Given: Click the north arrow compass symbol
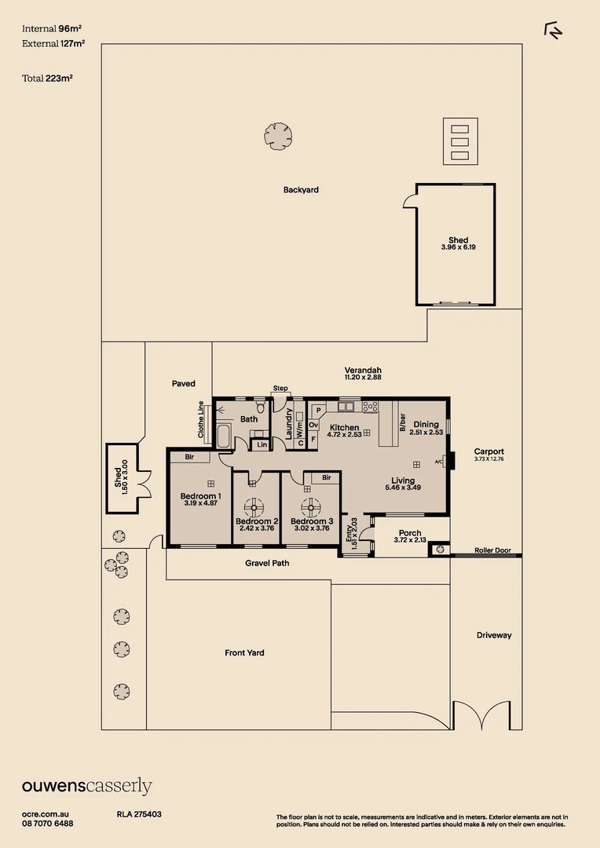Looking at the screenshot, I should pos(554,30).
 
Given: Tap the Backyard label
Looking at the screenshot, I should pos(301,190).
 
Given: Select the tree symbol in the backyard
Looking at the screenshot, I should pos(278,136).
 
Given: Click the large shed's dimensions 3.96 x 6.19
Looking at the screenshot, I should pos(458,248).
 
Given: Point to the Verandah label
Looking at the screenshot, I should pos(363,370).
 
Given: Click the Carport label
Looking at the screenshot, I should pos(488,451).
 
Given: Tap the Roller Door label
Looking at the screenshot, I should pos(492,550).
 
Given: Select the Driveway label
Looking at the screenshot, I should pos(493,635).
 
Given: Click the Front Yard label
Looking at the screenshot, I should pos(244,652).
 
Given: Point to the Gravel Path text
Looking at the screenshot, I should pos(268,563).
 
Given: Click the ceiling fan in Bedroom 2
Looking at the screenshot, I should pos(254,506).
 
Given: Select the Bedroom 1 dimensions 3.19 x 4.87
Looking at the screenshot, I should pos(200,503).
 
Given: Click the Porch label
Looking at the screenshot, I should pos(410,533).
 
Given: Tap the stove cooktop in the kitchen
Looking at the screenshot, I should pos(370,407).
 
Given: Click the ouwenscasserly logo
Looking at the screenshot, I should pos(86,786).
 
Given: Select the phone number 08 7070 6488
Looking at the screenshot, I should pos(48,824).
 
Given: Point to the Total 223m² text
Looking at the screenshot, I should pos(48,78).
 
